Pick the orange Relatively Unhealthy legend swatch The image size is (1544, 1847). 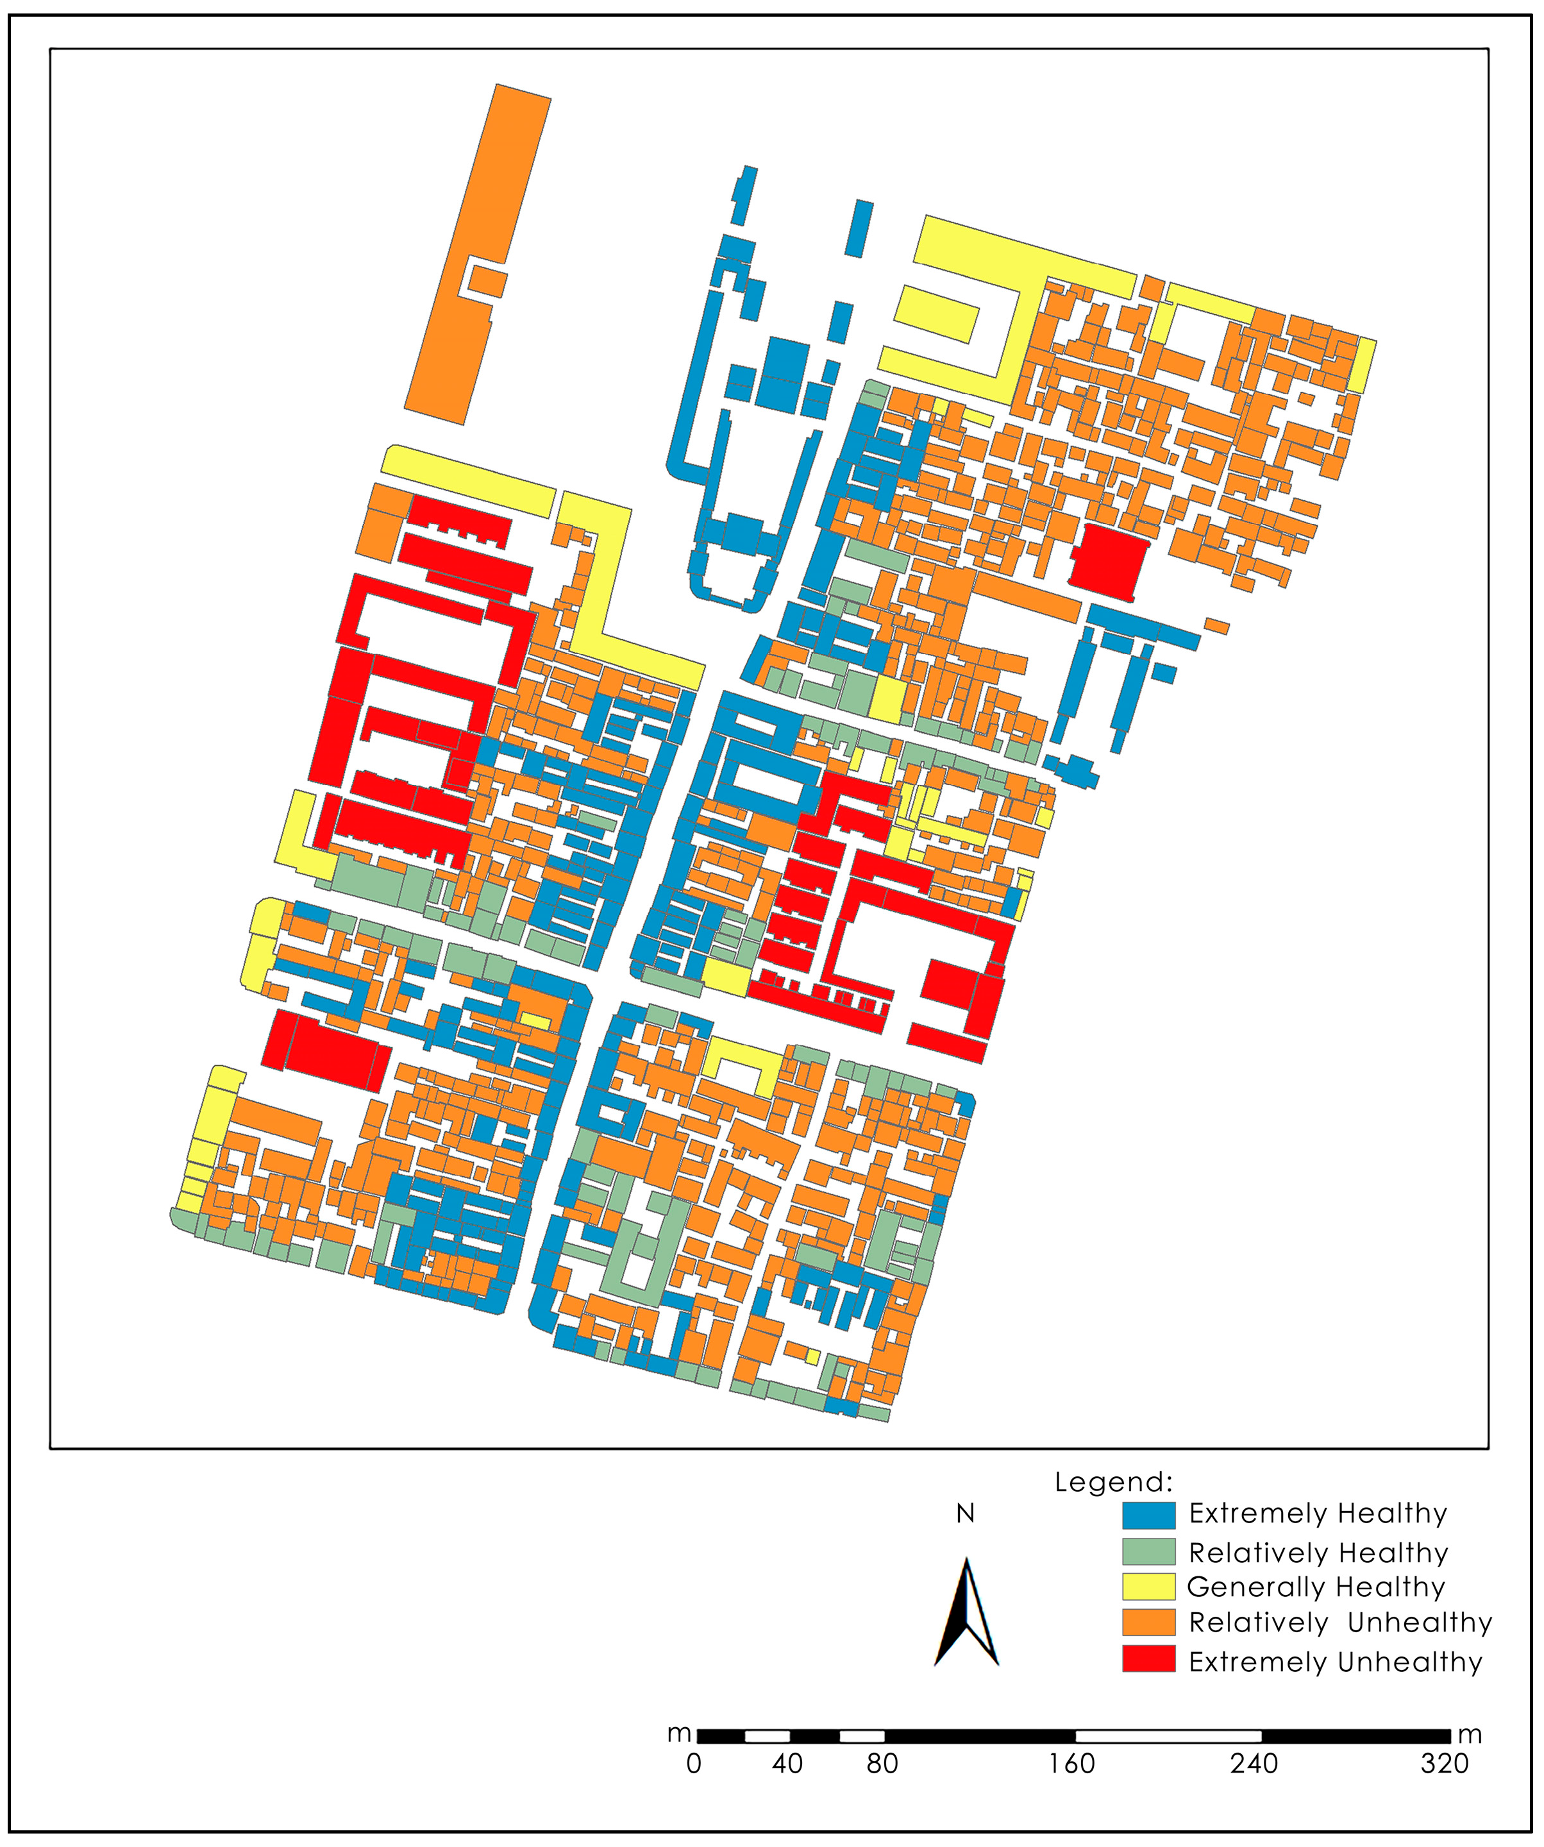coord(1148,1622)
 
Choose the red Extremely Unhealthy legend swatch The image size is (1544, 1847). coord(1148,1659)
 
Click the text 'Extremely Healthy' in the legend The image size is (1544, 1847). coord(1317,1514)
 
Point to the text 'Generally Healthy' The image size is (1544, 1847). coord(1315,1587)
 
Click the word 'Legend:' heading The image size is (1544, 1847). coord(1113,1482)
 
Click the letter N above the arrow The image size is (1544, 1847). coord(966,1514)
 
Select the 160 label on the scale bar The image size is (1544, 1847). coord(1072,1764)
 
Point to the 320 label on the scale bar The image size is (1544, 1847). coord(1445,1764)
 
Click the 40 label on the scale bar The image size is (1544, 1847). coord(787,1764)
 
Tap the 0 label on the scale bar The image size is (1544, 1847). coord(694,1764)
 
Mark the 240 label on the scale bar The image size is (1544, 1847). coord(1254,1764)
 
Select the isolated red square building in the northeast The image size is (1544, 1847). coord(1108,561)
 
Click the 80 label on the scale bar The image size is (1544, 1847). coord(882,1764)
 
